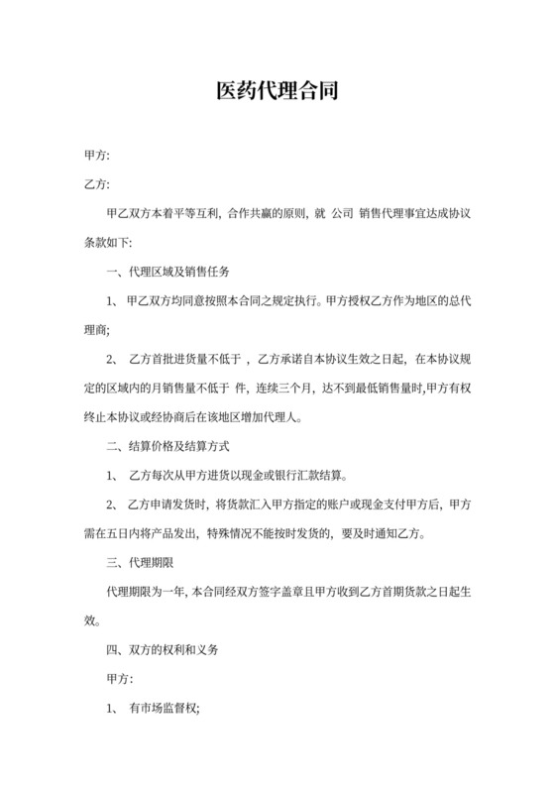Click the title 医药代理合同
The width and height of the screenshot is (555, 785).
(x=277, y=92)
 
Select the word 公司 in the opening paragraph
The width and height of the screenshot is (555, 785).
(x=342, y=212)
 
